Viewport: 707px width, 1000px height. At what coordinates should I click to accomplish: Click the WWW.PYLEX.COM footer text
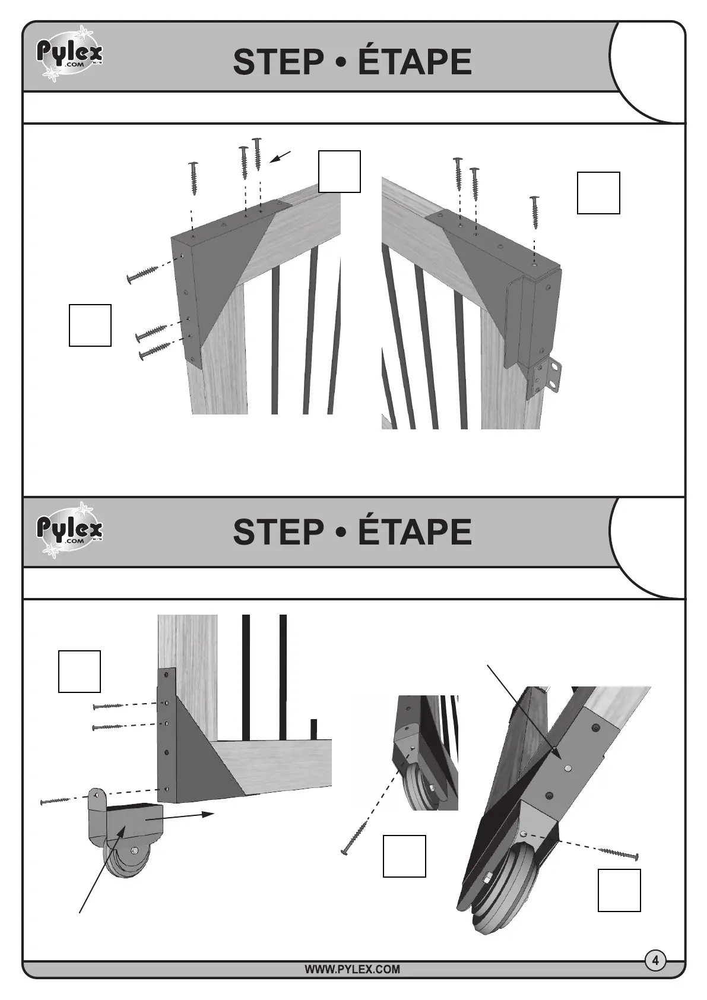(352, 970)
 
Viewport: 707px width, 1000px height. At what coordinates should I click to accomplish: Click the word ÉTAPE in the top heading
(414, 62)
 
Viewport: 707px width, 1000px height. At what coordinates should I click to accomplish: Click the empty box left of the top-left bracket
(90, 325)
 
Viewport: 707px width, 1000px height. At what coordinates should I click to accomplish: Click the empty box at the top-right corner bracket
(598, 193)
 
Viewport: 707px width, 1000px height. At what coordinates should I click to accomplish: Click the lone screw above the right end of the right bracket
(535, 212)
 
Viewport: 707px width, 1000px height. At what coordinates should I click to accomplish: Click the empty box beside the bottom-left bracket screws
(79, 672)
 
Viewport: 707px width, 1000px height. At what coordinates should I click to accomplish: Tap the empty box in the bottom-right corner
(619, 890)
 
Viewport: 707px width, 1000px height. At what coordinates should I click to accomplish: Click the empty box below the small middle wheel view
(404, 856)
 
